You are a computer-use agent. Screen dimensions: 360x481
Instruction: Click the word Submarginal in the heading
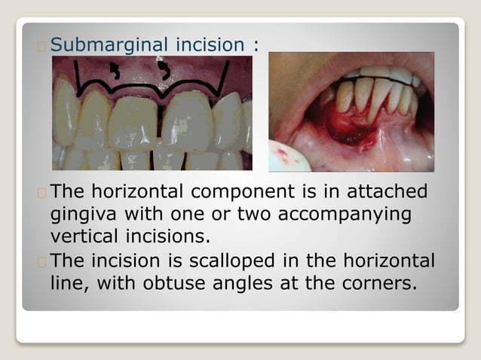(x=107, y=44)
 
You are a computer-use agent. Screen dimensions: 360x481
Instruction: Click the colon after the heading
(x=256, y=45)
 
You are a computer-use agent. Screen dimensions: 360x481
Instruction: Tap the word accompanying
(x=344, y=215)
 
